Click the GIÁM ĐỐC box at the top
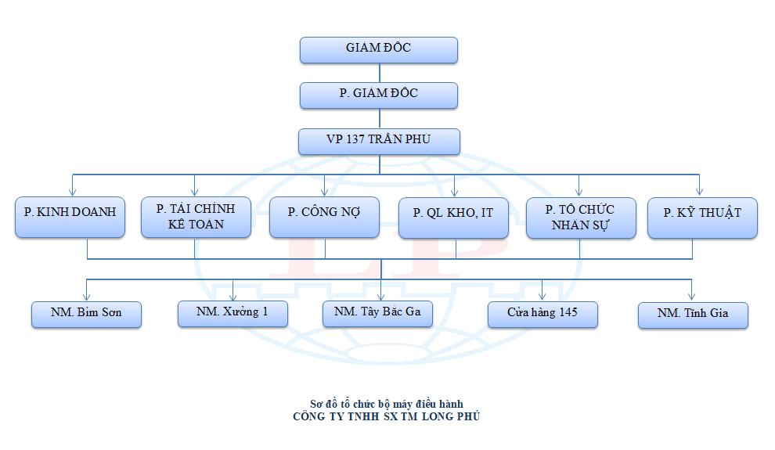[x=379, y=49]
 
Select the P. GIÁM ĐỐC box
[x=379, y=94]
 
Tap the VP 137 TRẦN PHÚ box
[x=379, y=141]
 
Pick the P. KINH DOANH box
[x=70, y=217]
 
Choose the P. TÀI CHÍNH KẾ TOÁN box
[x=196, y=217]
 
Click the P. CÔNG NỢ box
[x=324, y=217]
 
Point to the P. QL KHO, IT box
[x=454, y=217]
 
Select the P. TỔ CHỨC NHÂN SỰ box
[x=580, y=217]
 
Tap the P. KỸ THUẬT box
[x=702, y=217]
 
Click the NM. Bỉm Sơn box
[x=86, y=314]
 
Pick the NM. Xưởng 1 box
[x=232, y=312]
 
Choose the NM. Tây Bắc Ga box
[x=378, y=312]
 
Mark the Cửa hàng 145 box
[x=542, y=314]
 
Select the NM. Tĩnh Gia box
[x=693, y=314]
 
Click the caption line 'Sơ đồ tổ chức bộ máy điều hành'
[x=387, y=405]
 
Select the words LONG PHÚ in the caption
[x=450, y=417]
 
